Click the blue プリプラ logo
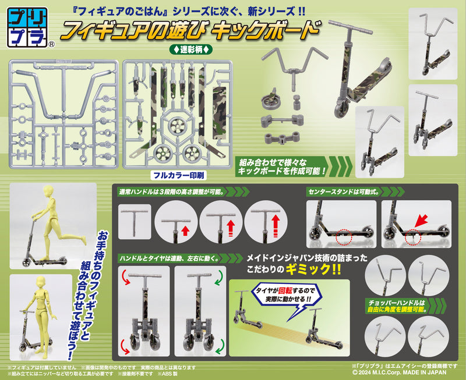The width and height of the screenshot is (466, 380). (27, 27)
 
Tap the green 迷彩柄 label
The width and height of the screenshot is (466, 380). (191, 49)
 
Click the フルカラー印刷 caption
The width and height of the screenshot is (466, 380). (179, 175)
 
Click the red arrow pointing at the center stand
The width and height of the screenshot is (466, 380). (421, 221)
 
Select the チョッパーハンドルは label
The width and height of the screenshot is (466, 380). (397, 303)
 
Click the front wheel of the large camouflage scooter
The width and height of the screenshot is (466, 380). (341, 109)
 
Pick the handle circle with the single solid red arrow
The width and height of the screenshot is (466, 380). (176, 222)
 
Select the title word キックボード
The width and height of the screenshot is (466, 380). (266, 30)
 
